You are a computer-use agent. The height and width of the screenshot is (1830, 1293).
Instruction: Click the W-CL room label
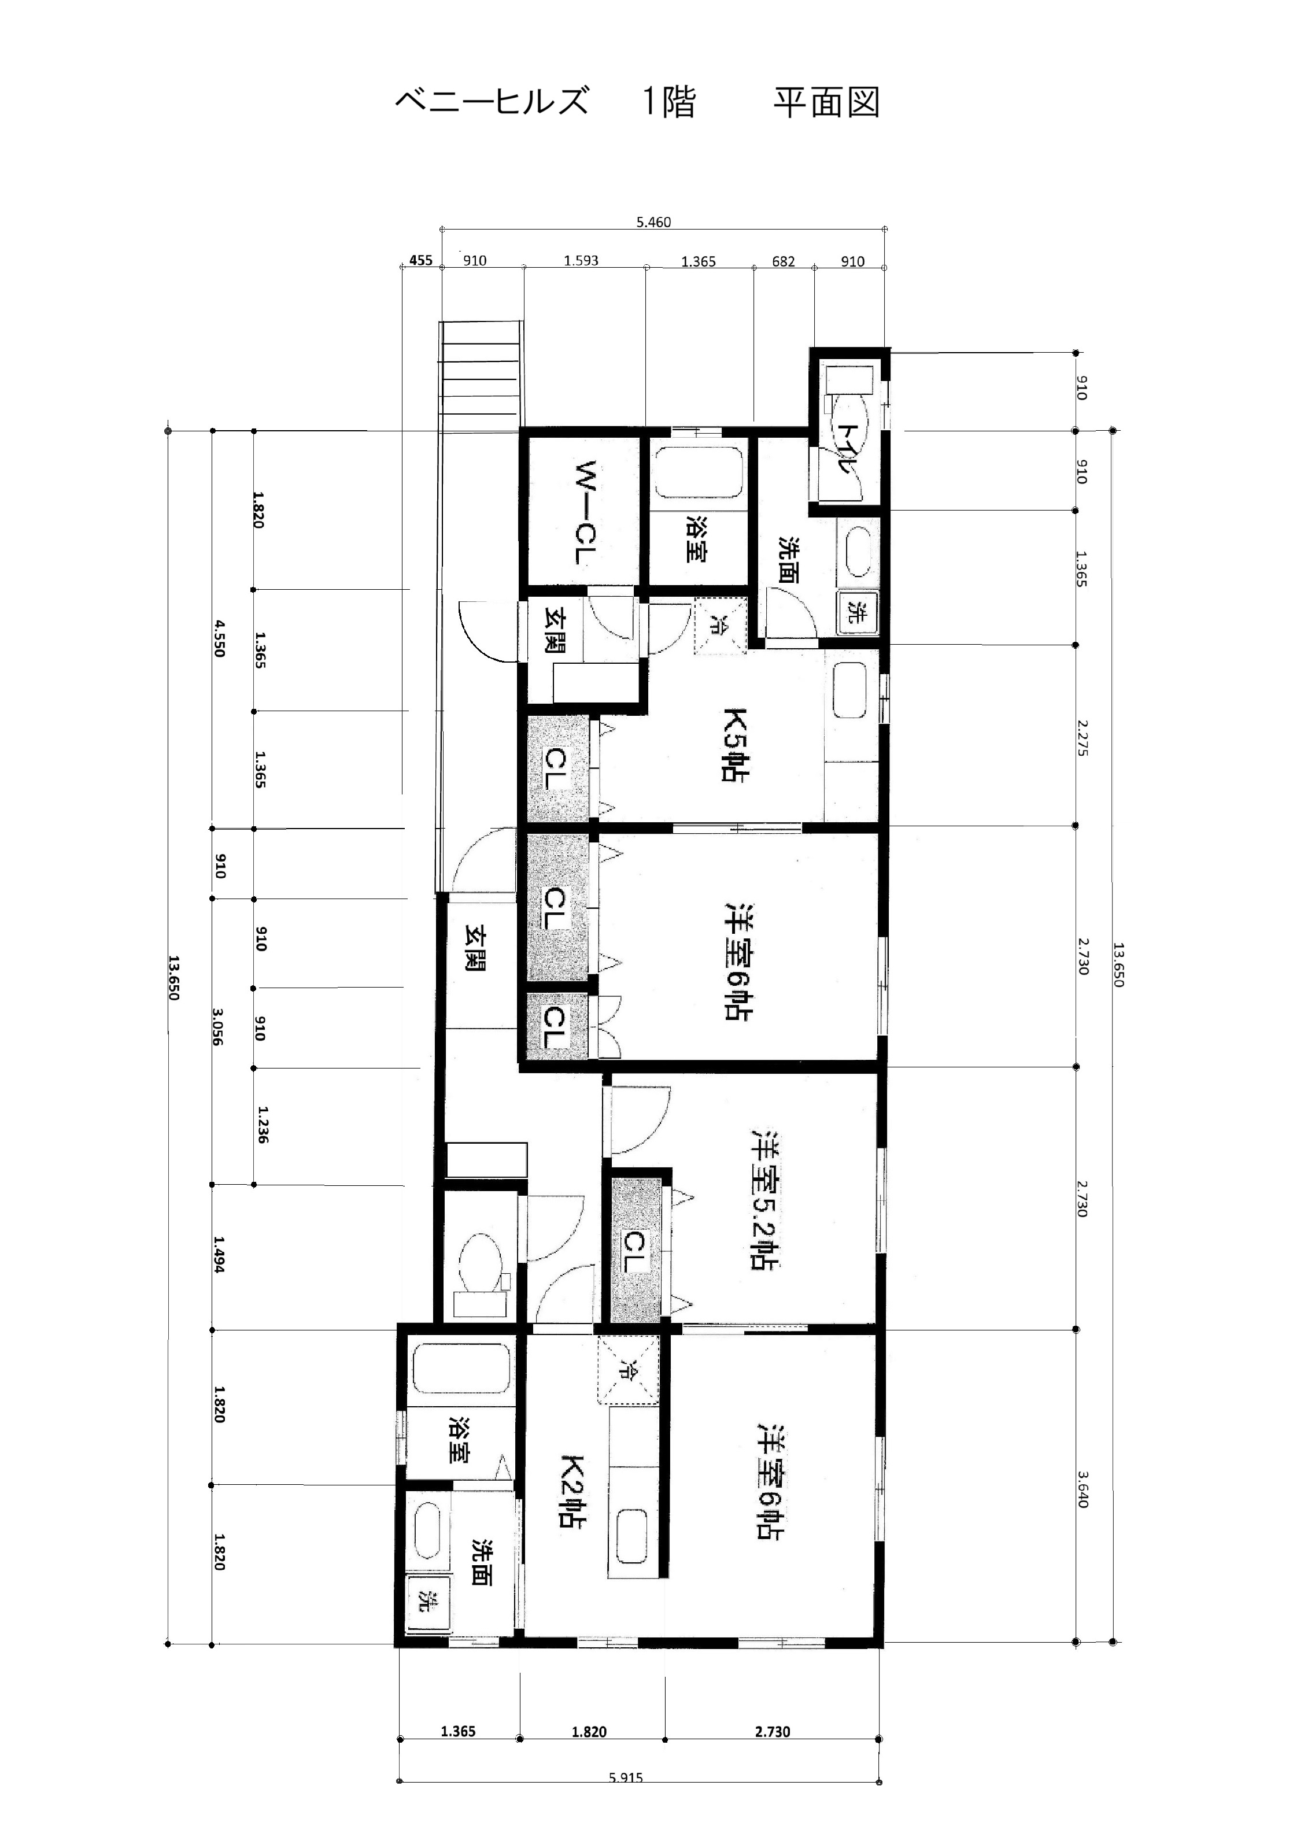586,512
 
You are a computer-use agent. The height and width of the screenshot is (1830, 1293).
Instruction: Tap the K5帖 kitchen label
734,745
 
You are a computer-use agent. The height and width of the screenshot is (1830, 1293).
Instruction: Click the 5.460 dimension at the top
653,223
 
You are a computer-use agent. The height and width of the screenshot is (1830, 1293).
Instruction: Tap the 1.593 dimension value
581,261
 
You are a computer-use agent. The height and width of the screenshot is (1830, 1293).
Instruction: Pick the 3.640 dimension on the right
1082,1489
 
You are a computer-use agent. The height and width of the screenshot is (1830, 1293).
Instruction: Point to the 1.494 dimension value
219,1255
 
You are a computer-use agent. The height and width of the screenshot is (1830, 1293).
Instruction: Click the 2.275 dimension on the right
1082,738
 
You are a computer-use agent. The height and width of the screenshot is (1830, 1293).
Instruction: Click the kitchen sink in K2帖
632,1537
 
